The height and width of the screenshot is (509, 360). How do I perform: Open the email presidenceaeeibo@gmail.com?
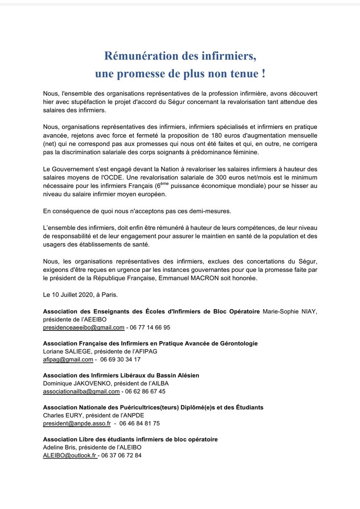(x=84, y=327)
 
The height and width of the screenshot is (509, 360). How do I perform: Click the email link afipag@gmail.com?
(x=68, y=359)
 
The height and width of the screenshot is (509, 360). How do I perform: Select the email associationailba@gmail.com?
(x=82, y=391)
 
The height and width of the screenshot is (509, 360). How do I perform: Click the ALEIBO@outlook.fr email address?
(x=70, y=455)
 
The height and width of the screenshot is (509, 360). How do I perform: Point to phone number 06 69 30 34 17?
(x=121, y=359)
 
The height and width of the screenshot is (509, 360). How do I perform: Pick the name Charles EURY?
(x=60, y=415)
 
